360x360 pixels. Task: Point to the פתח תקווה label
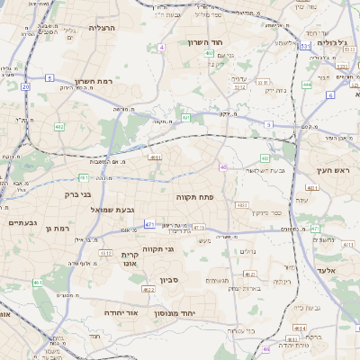(193, 195)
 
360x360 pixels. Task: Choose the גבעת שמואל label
(112, 210)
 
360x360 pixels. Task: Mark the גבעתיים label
(22, 222)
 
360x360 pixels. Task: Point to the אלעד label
(326, 270)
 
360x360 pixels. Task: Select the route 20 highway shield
(26, 87)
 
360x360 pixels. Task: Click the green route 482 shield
(59, 126)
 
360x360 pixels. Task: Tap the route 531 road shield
(305, 44)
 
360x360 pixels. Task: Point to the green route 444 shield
(307, 85)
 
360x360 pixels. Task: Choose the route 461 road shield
(38, 283)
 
